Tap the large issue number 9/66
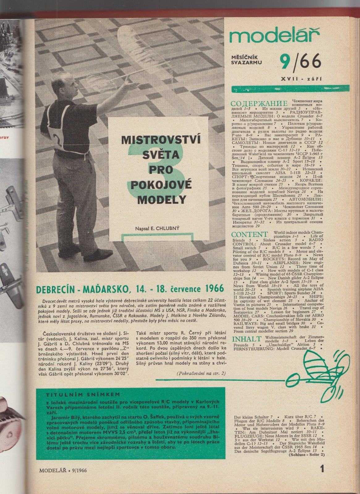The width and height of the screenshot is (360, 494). coord(299,61)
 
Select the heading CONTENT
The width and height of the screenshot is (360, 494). coord(249,234)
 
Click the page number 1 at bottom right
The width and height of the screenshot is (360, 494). coord(322,470)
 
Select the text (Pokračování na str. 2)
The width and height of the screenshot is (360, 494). coord(201,373)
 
